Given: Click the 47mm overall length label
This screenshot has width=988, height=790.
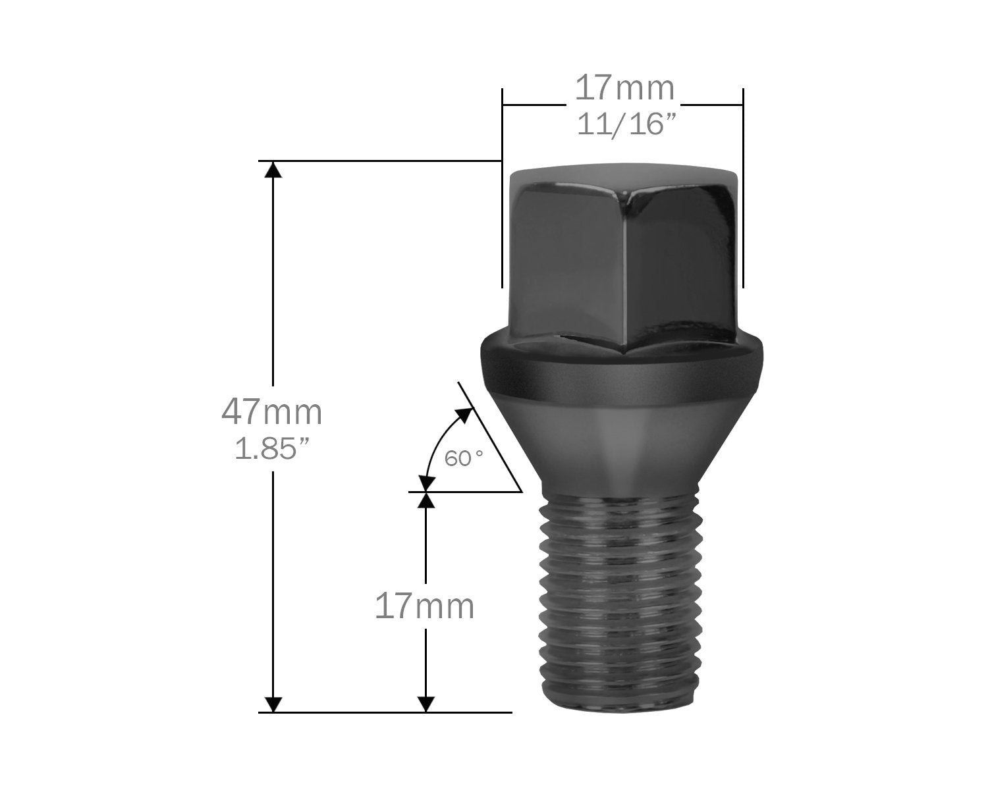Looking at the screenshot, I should point(271,413).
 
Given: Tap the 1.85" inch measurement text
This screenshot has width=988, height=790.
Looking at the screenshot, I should point(271,449).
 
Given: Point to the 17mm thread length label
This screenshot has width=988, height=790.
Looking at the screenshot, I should point(425,606).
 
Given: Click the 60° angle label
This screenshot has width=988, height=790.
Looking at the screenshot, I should point(464,458).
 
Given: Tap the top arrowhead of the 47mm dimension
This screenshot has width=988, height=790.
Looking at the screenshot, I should point(273,169).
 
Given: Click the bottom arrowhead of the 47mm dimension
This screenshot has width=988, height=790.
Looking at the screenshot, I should point(273,703).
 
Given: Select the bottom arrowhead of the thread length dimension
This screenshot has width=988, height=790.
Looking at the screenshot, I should point(427,703).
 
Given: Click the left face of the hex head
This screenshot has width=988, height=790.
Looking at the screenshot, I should point(566,263).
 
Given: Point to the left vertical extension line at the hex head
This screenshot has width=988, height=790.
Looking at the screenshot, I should point(502,197).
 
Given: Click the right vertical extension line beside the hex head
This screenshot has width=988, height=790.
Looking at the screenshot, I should point(743,197).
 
